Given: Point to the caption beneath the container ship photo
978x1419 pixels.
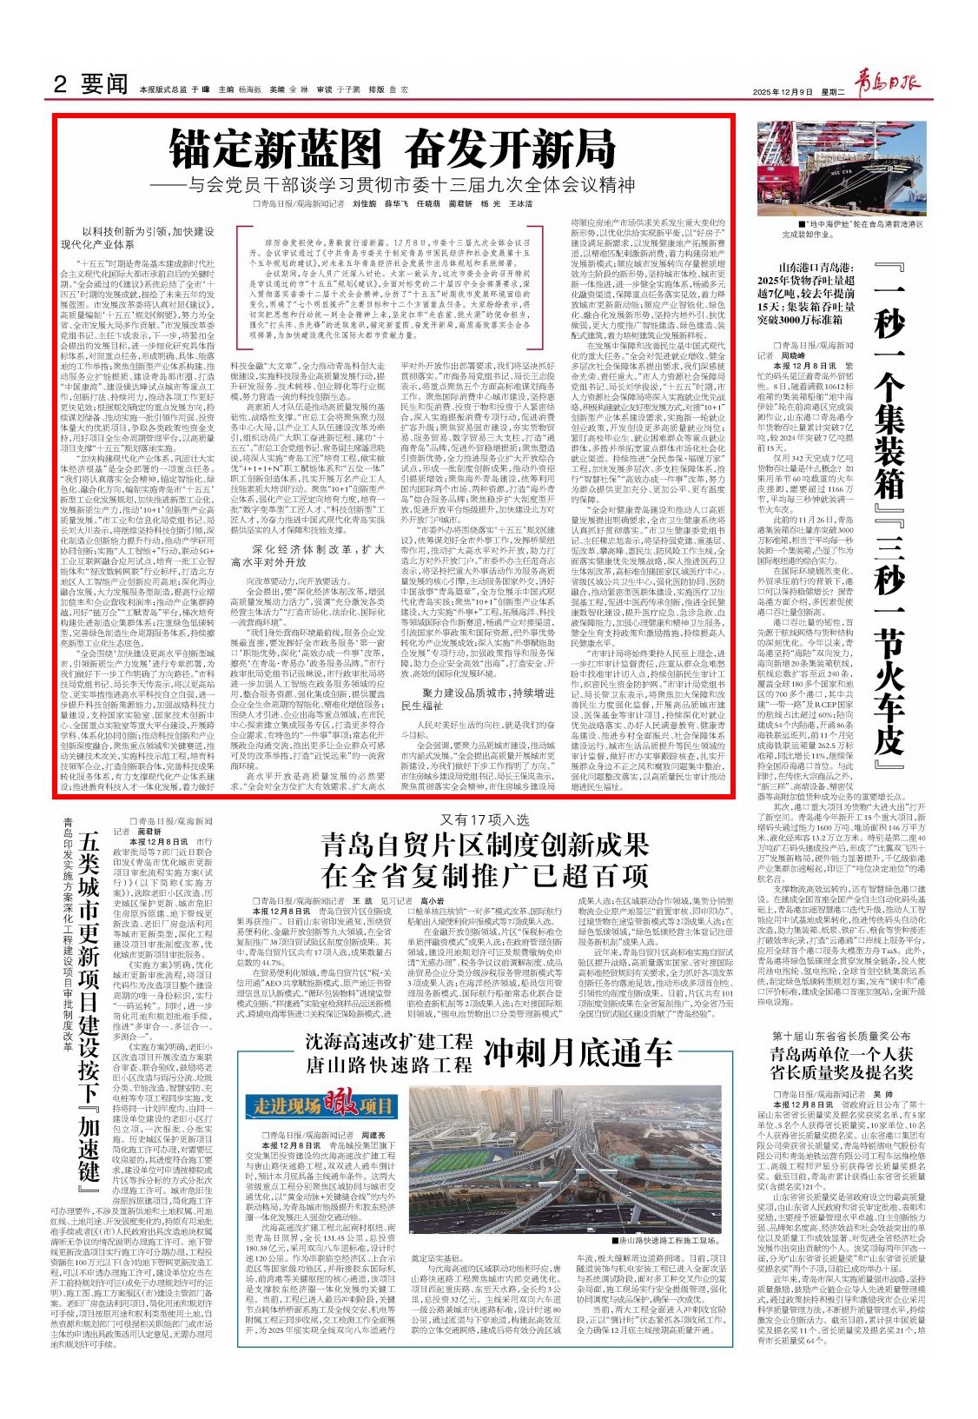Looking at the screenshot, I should (x=853, y=229).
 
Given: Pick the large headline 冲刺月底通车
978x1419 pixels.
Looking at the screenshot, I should (x=578, y=1053).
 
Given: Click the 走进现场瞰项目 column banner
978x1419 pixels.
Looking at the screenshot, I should (x=324, y=1106).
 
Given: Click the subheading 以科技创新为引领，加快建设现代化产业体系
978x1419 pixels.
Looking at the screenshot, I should (x=148, y=238).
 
